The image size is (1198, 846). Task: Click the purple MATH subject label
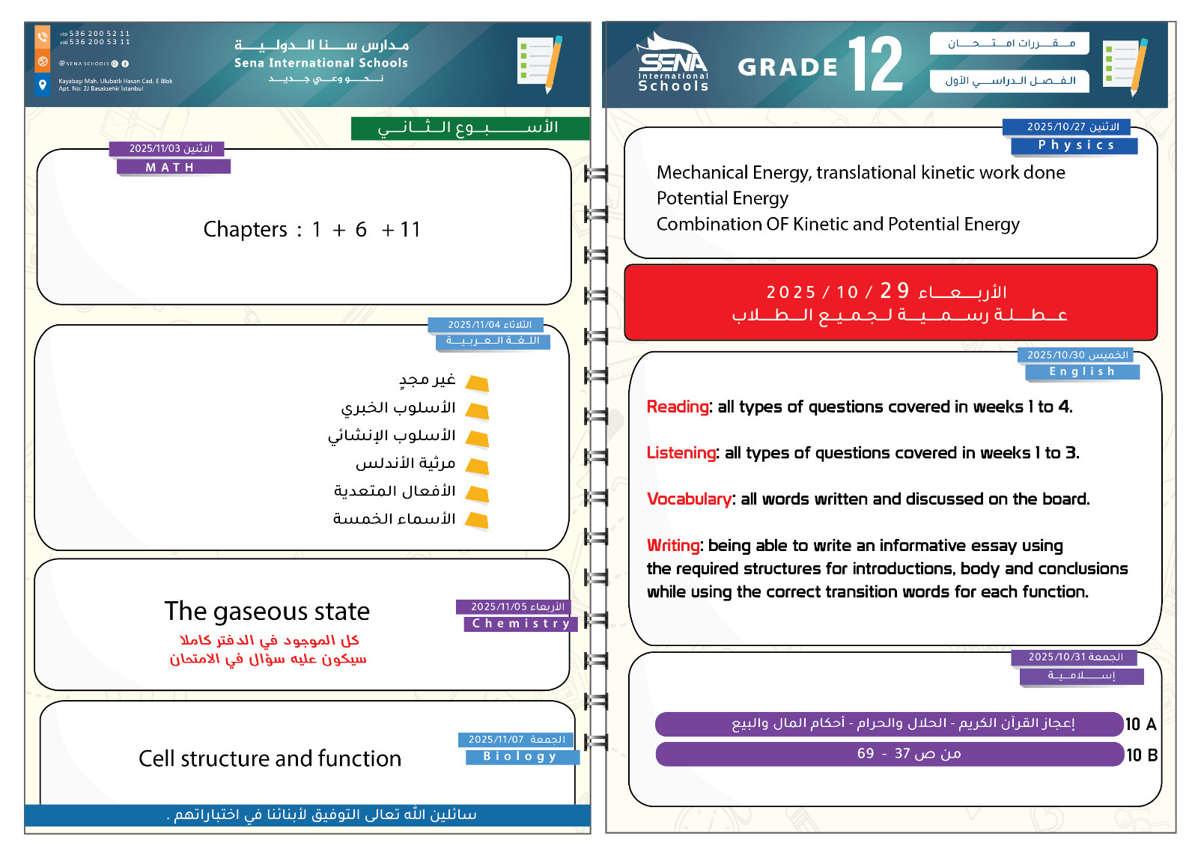(173, 167)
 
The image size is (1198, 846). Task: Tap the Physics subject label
(1074, 145)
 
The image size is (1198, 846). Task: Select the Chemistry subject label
(520, 623)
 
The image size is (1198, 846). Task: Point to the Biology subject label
(521, 756)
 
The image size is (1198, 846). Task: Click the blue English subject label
(1082, 371)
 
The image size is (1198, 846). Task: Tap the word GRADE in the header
(788, 67)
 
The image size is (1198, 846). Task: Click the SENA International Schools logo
(672, 64)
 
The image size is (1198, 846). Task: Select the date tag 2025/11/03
(170, 148)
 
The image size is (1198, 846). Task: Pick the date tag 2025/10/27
(1073, 127)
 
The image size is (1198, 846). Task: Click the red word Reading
(678, 407)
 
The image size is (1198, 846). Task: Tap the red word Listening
(681, 453)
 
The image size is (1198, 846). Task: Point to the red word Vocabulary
(689, 499)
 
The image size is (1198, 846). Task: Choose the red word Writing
(673, 545)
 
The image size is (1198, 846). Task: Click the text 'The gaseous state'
(267, 611)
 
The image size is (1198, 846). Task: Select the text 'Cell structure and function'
(270, 758)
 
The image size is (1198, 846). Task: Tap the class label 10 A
(1140, 724)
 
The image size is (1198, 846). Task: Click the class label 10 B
(1142, 755)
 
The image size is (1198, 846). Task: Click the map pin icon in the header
(43, 84)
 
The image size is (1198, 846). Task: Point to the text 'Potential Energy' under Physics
(722, 198)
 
